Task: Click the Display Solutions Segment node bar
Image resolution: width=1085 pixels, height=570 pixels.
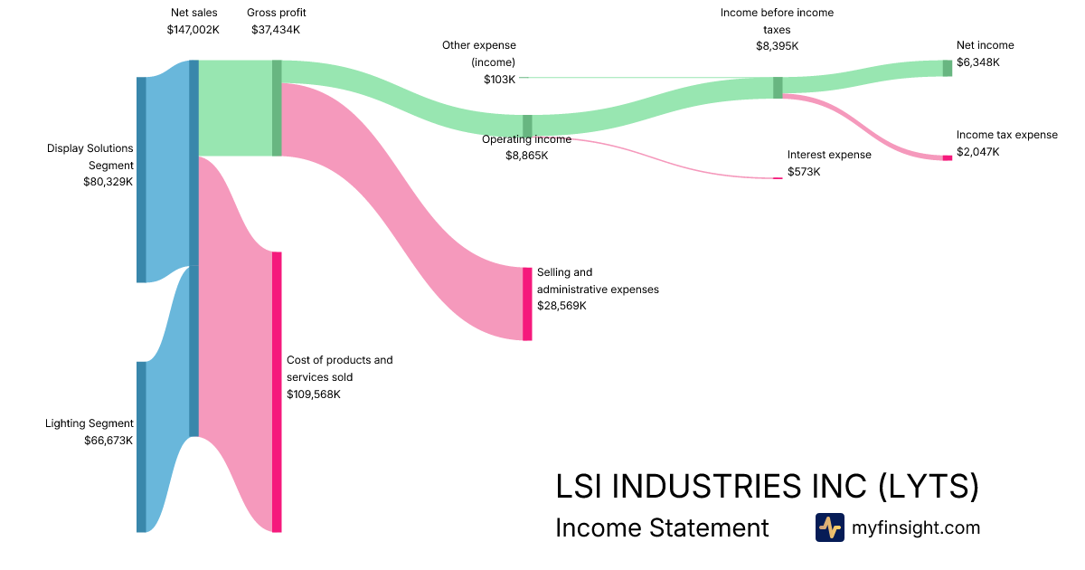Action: point(141,179)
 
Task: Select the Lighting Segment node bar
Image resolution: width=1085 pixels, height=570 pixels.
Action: point(141,446)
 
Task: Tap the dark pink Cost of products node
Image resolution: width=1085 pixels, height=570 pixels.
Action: point(277,391)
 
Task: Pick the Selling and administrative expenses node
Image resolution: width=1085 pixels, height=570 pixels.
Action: point(527,303)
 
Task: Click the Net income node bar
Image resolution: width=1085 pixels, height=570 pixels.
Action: point(948,68)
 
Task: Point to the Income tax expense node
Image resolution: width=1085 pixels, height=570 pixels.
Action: point(948,157)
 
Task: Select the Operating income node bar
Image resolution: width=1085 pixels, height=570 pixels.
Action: point(527,126)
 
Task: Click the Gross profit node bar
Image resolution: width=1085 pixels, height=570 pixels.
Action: point(277,108)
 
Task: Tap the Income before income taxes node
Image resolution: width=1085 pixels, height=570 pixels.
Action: point(778,87)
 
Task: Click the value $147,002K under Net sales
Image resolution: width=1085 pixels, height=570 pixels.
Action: point(193,30)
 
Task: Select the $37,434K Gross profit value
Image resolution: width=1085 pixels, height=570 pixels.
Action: point(275,30)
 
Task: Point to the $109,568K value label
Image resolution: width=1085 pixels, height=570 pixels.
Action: point(314,394)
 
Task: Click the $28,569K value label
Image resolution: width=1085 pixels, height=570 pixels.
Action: point(561,306)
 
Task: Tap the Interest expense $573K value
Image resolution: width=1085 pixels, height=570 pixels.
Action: point(804,172)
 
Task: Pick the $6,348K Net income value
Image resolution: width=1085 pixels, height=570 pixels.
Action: point(978,62)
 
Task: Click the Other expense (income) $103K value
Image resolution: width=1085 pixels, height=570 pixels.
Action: point(499,80)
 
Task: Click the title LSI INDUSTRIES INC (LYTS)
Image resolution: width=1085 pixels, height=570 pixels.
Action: point(767,487)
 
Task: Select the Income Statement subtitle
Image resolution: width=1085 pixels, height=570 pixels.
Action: point(662,527)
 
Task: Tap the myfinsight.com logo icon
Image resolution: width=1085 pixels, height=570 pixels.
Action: point(829,527)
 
